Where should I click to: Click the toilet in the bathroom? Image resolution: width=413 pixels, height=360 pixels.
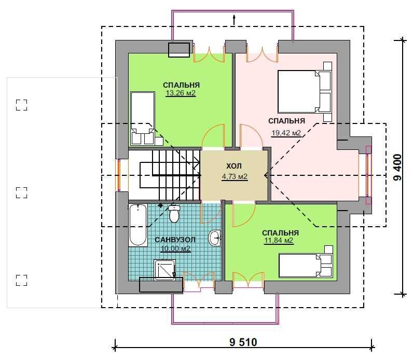[x=174, y=214]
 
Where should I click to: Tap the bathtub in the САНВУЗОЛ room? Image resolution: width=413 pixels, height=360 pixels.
[x=138, y=225]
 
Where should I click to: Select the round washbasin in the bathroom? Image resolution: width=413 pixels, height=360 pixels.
[x=214, y=238]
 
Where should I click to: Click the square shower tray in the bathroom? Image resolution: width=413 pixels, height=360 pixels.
[x=165, y=270]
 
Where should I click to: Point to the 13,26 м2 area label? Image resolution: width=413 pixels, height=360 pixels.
[x=181, y=93]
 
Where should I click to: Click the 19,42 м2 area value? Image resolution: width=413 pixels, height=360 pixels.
[x=286, y=133]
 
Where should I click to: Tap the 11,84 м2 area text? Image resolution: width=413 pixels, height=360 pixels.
[x=279, y=241]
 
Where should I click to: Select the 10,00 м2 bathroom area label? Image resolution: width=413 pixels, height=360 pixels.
[x=175, y=248]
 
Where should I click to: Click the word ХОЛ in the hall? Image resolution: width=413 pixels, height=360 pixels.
[x=234, y=166]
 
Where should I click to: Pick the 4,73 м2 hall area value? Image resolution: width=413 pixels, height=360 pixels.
[x=235, y=177]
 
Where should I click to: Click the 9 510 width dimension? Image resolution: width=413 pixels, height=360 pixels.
[x=243, y=342]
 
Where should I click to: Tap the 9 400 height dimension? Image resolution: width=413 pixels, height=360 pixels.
[x=398, y=168]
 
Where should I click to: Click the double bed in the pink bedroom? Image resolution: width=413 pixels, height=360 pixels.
[x=304, y=91]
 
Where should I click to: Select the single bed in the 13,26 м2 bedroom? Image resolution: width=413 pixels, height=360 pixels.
[x=143, y=118]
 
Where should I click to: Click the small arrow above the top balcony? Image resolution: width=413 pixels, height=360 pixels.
[x=234, y=20]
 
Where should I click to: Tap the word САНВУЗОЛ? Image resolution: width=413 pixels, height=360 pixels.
[x=175, y=240]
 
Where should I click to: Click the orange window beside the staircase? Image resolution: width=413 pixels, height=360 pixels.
[x=119, y=175]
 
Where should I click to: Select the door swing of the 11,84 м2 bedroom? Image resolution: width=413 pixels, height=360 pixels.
[x=244, y=215]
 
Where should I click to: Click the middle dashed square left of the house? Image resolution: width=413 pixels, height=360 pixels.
[x=22, y=192]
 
